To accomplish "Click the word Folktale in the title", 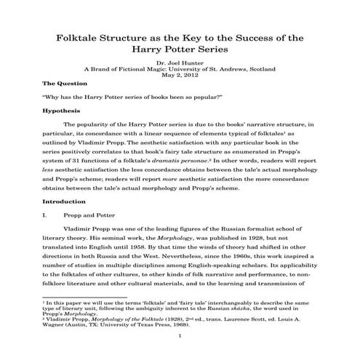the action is pos(82,36).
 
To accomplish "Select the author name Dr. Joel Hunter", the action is pos(180,63).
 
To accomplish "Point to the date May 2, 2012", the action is pos(180,76).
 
